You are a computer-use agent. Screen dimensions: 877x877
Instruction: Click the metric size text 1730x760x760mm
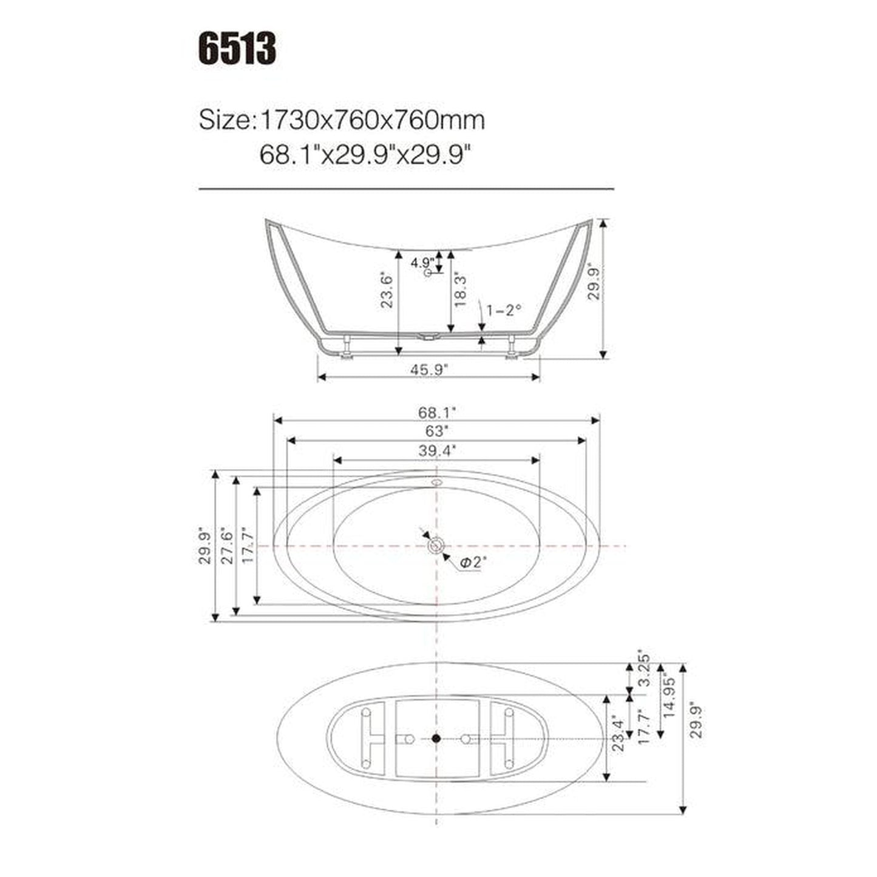click(372, 120)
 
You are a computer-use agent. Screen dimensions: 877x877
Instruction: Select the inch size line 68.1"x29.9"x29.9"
click(365, 156)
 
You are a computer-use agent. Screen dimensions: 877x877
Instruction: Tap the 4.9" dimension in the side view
click(422, 263)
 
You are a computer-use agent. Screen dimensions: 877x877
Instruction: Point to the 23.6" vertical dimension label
click(387, 290)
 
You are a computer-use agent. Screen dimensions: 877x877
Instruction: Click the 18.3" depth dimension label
click(461, 290)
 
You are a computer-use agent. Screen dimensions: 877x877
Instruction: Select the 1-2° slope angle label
click(504, 310)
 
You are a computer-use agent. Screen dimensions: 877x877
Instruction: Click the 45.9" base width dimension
click(428, 368)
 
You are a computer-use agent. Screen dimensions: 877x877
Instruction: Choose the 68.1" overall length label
click(436, 412)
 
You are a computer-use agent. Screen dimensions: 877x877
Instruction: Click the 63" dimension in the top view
click(436, 432)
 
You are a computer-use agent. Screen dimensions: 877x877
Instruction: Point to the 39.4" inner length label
click(436, 450)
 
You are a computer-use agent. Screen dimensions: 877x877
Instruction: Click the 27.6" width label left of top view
click(227, 545)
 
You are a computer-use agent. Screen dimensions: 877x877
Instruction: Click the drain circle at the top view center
click(436, 546)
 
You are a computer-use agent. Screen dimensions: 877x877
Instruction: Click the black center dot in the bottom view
click(436, 738)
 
